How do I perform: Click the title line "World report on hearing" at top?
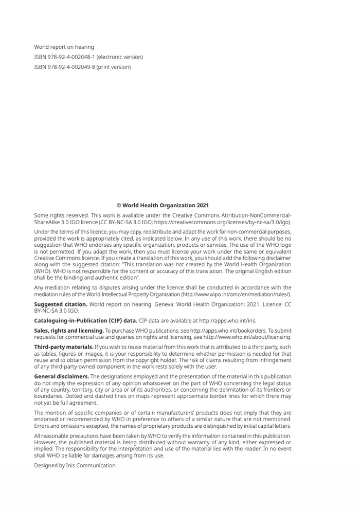(x=64, y=47)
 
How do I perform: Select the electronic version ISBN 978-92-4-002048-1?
(x=88, y=57)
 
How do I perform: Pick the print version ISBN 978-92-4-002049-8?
(x=82, y=67)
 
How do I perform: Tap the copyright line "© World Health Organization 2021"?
(x=163, y=205)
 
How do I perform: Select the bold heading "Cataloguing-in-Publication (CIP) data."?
(x=85, y=320)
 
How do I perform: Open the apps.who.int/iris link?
(x=227, y=320)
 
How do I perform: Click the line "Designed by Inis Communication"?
(x=75, y=465)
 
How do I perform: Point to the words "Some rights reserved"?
(x=57, y=215)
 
